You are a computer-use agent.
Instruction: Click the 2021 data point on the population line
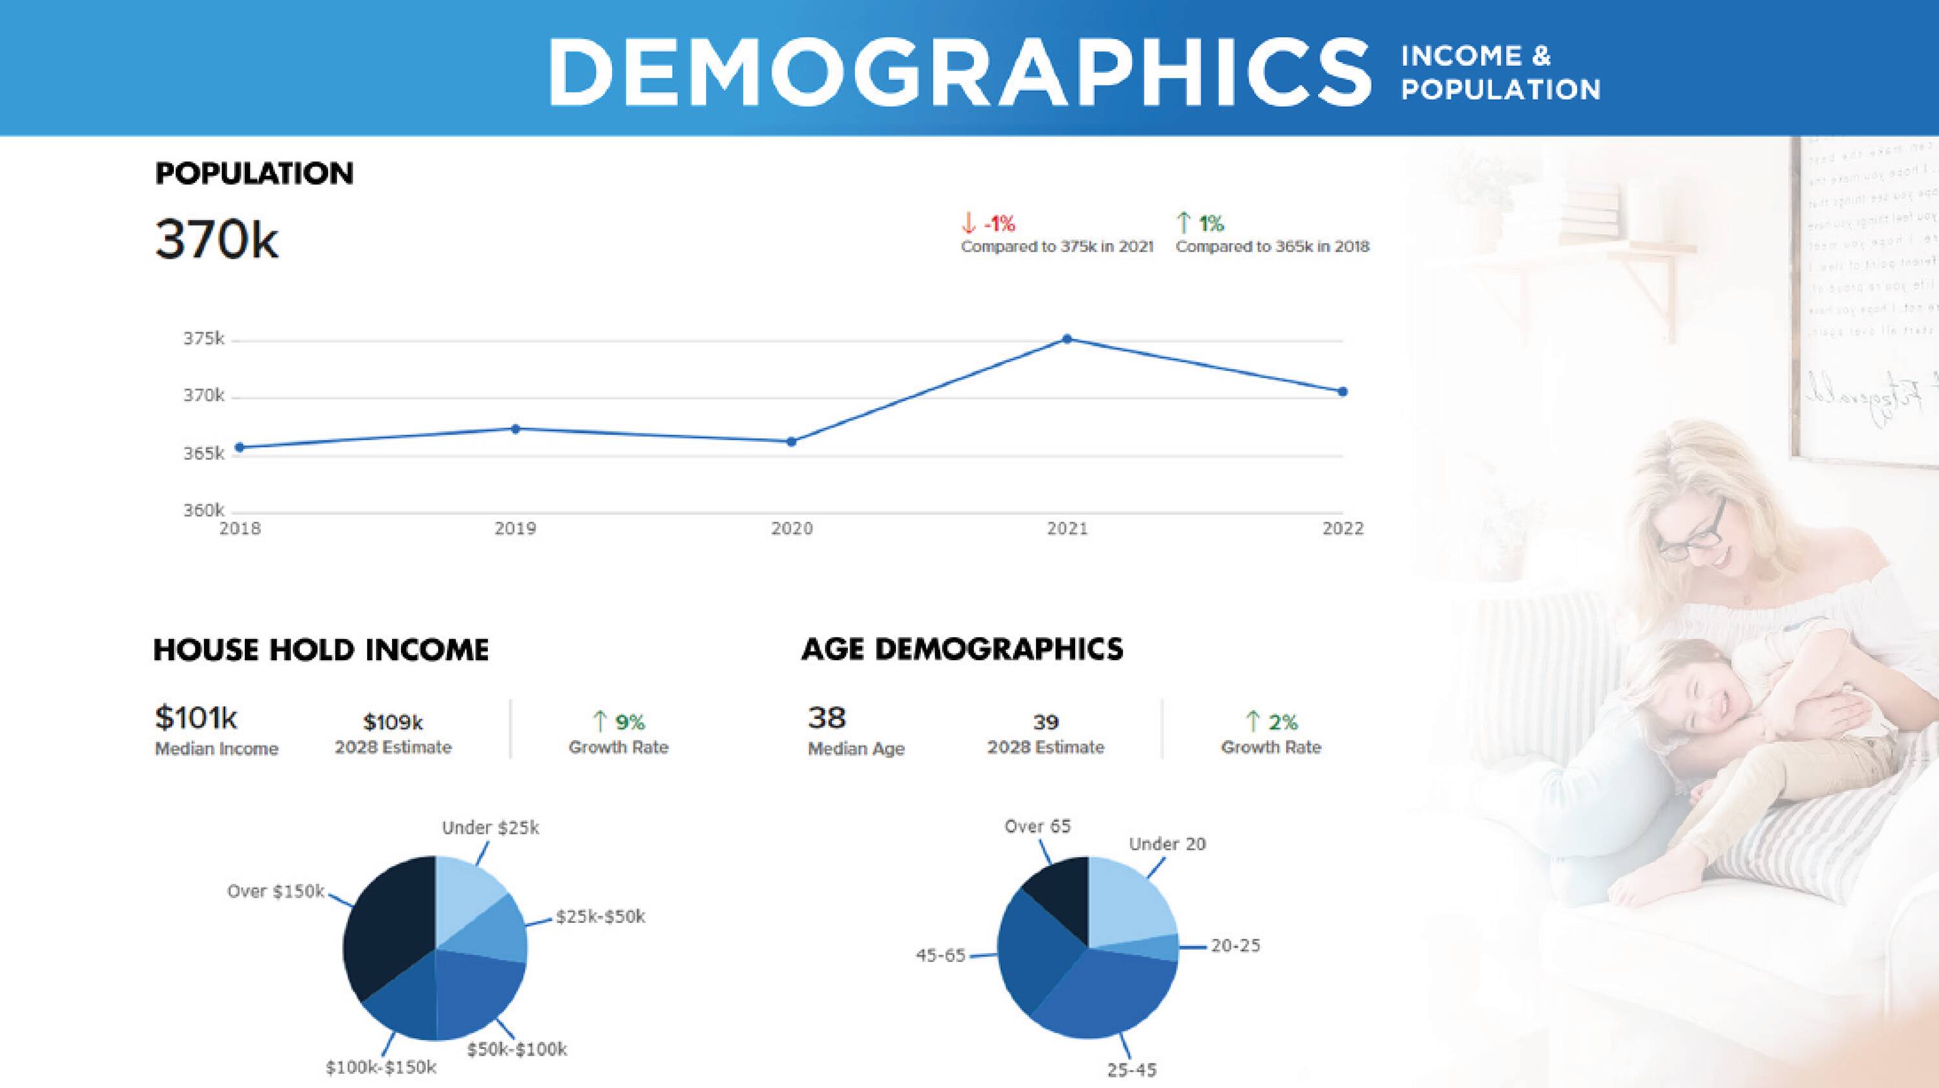(1066, 339)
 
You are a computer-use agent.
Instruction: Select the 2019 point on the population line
(516, 429)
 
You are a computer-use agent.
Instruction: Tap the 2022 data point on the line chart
(1343, 392)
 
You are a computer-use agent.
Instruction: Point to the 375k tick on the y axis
(203, 339)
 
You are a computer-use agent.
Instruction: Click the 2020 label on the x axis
(792, 529)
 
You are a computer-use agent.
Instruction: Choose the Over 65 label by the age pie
(1037, 826)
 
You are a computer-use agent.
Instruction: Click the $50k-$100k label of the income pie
(516, 1049)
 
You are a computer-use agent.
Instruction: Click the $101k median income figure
(196, 718)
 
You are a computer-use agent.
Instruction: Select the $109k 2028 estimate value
(393, 723)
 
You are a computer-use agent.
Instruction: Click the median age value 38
(827, 718)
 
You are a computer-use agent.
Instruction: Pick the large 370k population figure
(217, 239)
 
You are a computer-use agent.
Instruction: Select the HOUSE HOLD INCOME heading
(321, 650)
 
